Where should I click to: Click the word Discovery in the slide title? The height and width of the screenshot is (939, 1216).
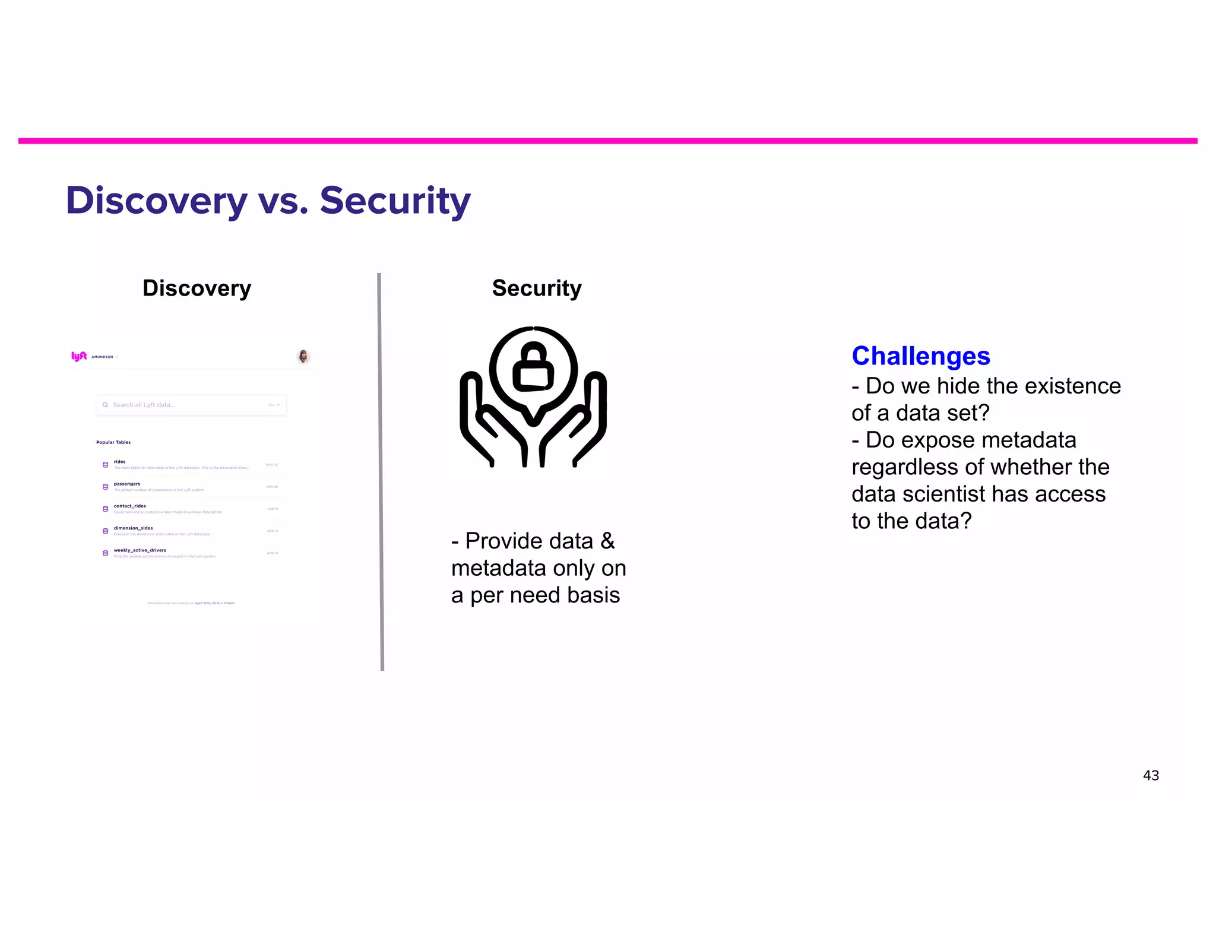pyautogui.click(x=156, y=201)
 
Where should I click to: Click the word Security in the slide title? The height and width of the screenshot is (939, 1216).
pyautogui.click(x=395, y=201)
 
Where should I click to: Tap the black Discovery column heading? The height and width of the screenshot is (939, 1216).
pyautogui.click(x=197, y=288)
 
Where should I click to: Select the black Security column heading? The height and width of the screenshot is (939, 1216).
pyautogui.click(x=537, y=288)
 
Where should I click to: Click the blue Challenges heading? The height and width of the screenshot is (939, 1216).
pyautogui.click(x=920, y=356)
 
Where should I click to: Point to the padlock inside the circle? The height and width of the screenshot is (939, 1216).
pyautogui.click(x=533, y=368)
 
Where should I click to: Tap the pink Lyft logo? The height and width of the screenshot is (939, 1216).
pyautogui.click(x=79, y=356)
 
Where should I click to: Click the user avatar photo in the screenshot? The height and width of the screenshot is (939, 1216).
pyautogui.click(x=303, y=356)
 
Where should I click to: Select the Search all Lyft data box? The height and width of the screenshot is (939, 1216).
pyautogui.click(x=191, y=405)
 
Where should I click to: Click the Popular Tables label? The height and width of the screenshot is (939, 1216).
pyautogui.click(x=113, y=442)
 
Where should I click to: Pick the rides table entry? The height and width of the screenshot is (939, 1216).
pyautogui.click(x=120, y=462)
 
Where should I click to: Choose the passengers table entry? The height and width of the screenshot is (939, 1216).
pyautogui.click(x=127, y=484)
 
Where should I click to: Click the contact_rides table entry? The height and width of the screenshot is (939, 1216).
pyautogui.click(x=130, y=506)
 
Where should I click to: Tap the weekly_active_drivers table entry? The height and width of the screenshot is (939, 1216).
pyautogui.click(x=140, y=550)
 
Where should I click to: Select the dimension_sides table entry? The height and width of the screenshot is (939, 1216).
pyautogui.click(x=134, y=528)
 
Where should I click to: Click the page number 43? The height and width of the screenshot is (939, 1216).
pyautogui.click(x=1150, y=776)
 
